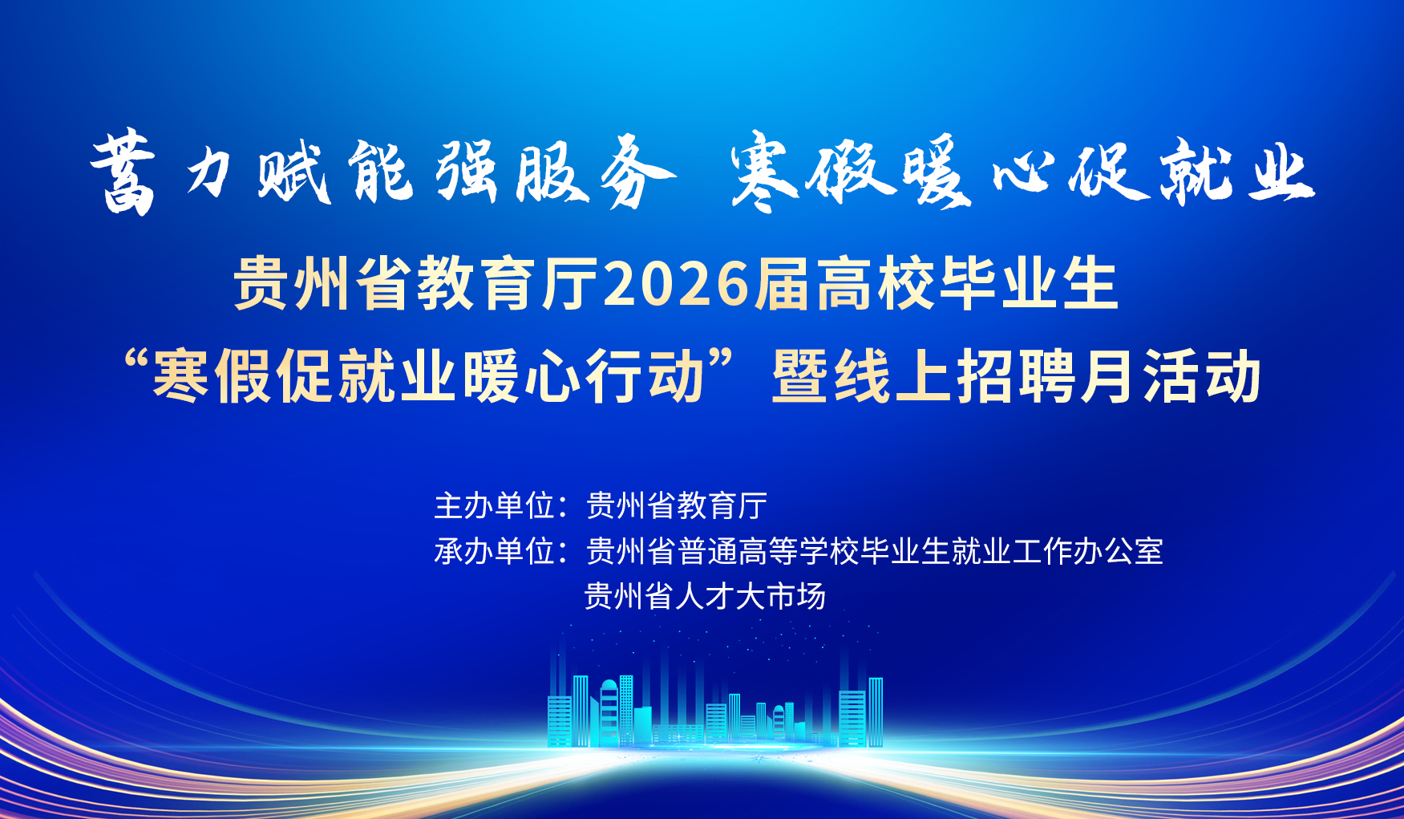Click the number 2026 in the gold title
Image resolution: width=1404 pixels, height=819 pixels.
pos(675,284)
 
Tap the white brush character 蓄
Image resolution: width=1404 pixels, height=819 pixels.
pos(123,173)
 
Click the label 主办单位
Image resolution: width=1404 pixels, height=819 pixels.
pos(494,506)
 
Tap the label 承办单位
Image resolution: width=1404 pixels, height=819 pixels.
pos(494,551)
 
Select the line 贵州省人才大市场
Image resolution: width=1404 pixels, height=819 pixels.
pos(705,597)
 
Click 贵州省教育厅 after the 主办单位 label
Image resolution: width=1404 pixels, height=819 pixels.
pos(677,506)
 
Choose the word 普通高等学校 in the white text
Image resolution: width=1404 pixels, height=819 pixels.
pos(768,551)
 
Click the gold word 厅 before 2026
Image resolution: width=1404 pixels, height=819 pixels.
pos(571,284)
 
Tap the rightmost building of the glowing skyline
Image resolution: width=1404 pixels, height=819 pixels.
pos(876,712)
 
